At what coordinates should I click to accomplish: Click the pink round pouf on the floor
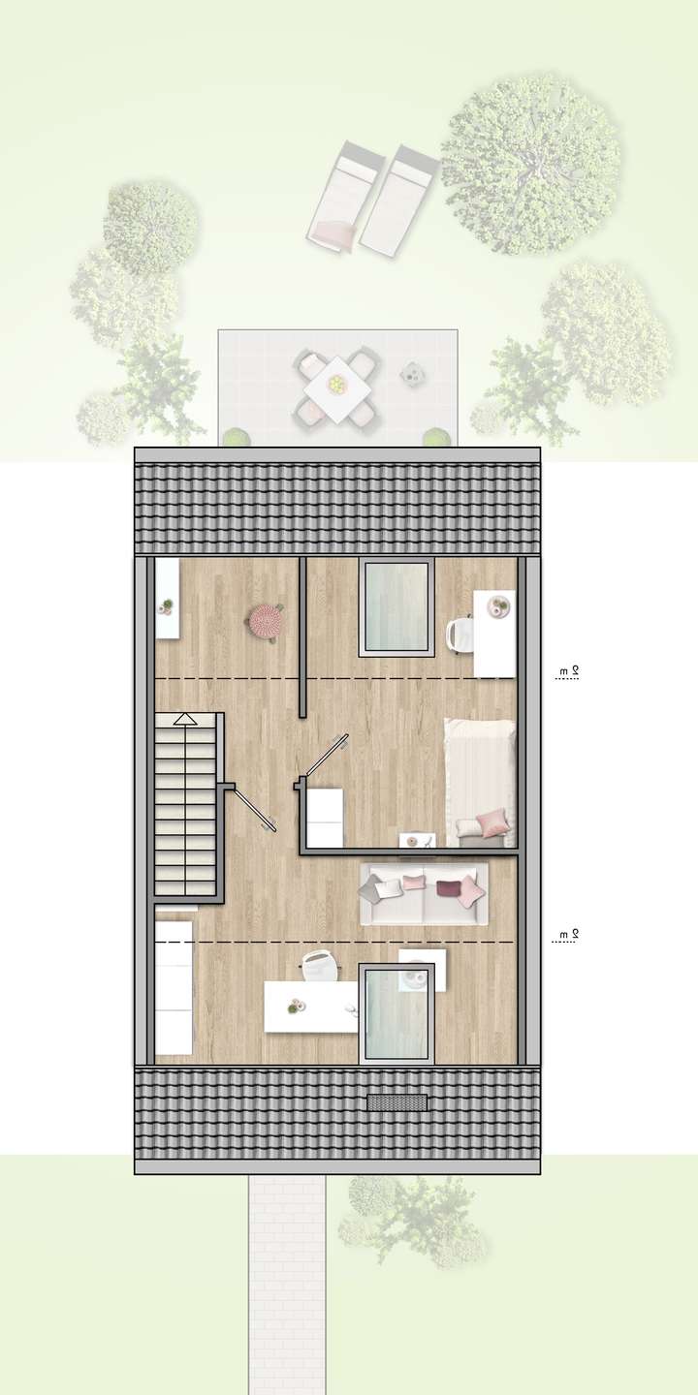[265, 621]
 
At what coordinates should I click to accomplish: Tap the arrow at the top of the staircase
[185, 720]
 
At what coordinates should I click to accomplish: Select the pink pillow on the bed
[492, 822]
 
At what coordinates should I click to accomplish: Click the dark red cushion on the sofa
[450, 888]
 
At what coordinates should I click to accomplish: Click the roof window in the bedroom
[396, 607]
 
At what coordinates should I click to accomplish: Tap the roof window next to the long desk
[396, 1012]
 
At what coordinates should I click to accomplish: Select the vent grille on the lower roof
[397, 1101]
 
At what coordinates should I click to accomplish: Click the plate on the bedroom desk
[501, 607]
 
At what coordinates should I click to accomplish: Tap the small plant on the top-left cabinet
[167, 607]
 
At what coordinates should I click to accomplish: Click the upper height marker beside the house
[567, 672]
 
